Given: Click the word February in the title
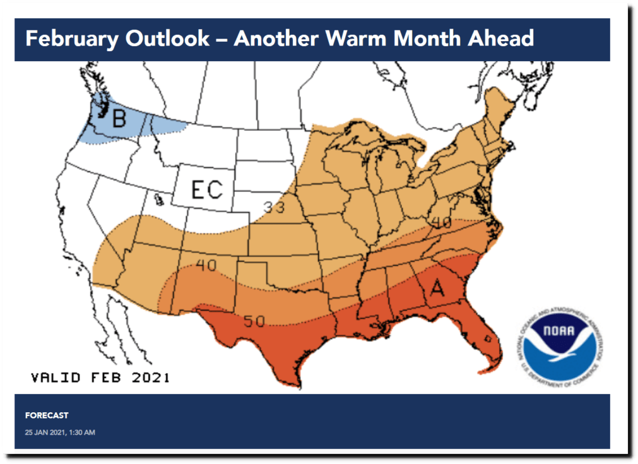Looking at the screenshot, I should click(71, 39).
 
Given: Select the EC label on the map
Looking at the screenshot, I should click(206, 188).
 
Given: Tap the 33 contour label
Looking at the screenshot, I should click(272, 206).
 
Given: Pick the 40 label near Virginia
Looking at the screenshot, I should click(440, 222).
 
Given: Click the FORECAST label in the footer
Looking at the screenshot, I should click(47, 415).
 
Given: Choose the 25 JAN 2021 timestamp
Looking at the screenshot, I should click(60, 432).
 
